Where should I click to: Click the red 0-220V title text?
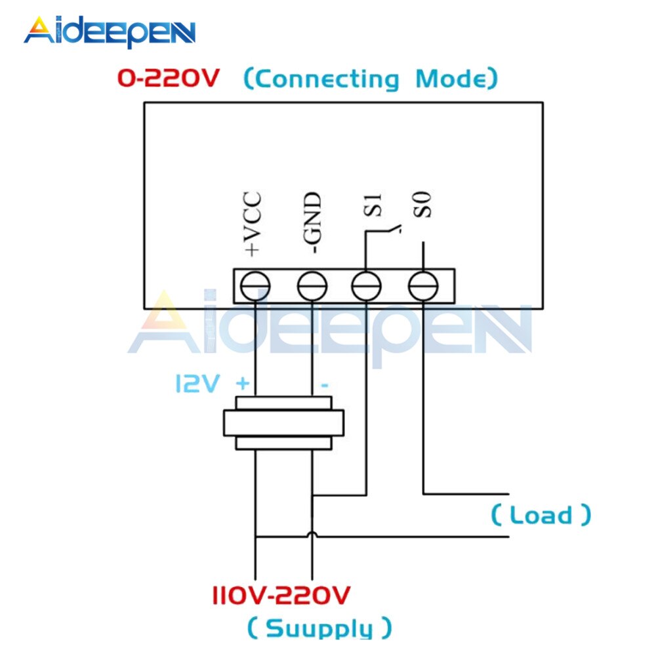pos(169,79)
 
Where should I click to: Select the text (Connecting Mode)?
pos(371,79)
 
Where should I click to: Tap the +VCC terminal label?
pos(253,224)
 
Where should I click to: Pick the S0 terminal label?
pos(425,204)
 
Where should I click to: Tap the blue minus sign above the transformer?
pos(323,385)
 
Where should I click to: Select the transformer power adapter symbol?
pos(283,423)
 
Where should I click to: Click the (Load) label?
pos(541,515)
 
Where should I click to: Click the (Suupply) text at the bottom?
pos(319,627)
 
